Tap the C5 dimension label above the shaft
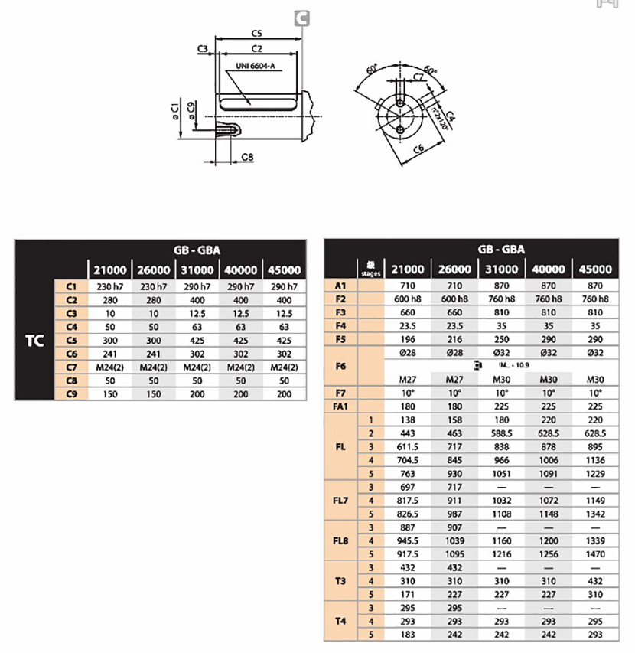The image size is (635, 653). pyautogui.click(x=256, y=34)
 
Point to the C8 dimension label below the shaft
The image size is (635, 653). pyautogui.click(x=247, y=157)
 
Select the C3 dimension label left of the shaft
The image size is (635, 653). pyautogui.click(x=203, y=49)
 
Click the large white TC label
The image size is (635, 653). pyautogui.click(x=35, y=339)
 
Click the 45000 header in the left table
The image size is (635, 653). pyautogui.click(x=285, y=270)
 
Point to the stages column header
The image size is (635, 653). pyautogui.click(x=370, y=269)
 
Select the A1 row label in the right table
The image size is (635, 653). pyautogui.click(x=341, y=285)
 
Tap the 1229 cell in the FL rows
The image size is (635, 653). pyautogui.click(x=595, y=474)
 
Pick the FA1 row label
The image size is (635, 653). pyautogui.click(x=341, y=406)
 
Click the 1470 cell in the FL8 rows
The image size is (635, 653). pyautogui.click(x=595, y=553)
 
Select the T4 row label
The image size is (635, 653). pyautogui.click(x=341, y=621)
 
